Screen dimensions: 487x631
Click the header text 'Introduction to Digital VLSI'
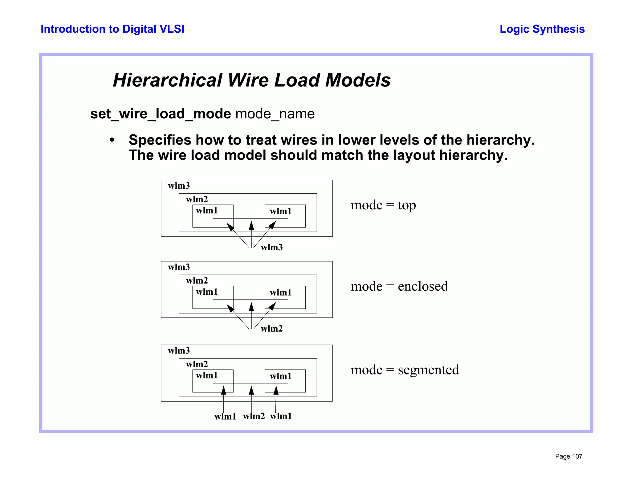112,29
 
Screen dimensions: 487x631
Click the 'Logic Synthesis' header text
542,29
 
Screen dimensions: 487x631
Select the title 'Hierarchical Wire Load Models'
251,80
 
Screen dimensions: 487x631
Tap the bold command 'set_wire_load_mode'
161,114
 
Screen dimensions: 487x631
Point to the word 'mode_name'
275,114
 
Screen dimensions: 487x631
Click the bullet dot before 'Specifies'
112,140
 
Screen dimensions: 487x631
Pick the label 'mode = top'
383,205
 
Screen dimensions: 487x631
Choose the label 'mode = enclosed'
399,286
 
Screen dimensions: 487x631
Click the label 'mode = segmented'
405,370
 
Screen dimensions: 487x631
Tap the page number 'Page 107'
568,456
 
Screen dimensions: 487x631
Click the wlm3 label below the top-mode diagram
271,248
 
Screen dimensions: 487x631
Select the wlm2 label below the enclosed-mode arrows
271,329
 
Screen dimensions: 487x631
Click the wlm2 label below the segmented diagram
254,416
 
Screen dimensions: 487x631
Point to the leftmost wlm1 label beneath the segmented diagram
225,417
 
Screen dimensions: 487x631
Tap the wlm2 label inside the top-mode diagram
197,199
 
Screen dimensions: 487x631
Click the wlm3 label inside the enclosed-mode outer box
179,267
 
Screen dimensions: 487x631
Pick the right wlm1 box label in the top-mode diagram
280,211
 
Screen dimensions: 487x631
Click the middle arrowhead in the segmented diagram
251,390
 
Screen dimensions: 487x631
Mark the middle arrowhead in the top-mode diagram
251,225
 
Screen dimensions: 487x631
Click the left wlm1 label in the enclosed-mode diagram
207,292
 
